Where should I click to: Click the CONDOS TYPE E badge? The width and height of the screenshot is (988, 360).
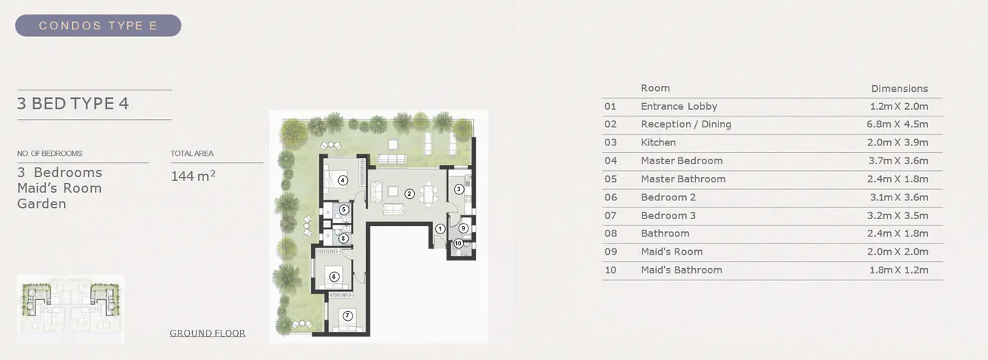coord(98,26)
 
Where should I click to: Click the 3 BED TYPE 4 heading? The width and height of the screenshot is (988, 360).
coord(73,104)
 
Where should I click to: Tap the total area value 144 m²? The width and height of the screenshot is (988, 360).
coord(194,176)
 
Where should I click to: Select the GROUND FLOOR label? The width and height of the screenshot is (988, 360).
coord(207,333)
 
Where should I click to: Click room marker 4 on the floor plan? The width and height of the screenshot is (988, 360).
coord(342,180)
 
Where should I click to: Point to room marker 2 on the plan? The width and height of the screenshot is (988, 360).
coord(410,194)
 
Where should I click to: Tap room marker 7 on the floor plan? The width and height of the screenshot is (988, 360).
coord(347,316)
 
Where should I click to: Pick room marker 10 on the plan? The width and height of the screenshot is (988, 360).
coord(458,243)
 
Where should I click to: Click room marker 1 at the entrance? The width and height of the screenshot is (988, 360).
coord(440,229)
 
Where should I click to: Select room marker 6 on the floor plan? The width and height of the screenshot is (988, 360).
coord(334,276)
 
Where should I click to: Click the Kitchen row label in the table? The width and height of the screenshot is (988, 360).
coord(658,142)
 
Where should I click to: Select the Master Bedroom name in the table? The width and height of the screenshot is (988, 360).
coord(682,160)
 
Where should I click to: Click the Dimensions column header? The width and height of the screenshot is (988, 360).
coord(899,88)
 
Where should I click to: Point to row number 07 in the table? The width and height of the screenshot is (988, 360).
coord(610,215)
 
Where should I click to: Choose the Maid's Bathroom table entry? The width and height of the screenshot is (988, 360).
coord(681,270)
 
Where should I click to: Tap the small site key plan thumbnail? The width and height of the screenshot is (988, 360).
coord(70,309)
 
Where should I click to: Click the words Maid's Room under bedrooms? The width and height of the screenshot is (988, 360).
coord(59,188)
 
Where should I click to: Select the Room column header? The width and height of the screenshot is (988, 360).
coord(654,88)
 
